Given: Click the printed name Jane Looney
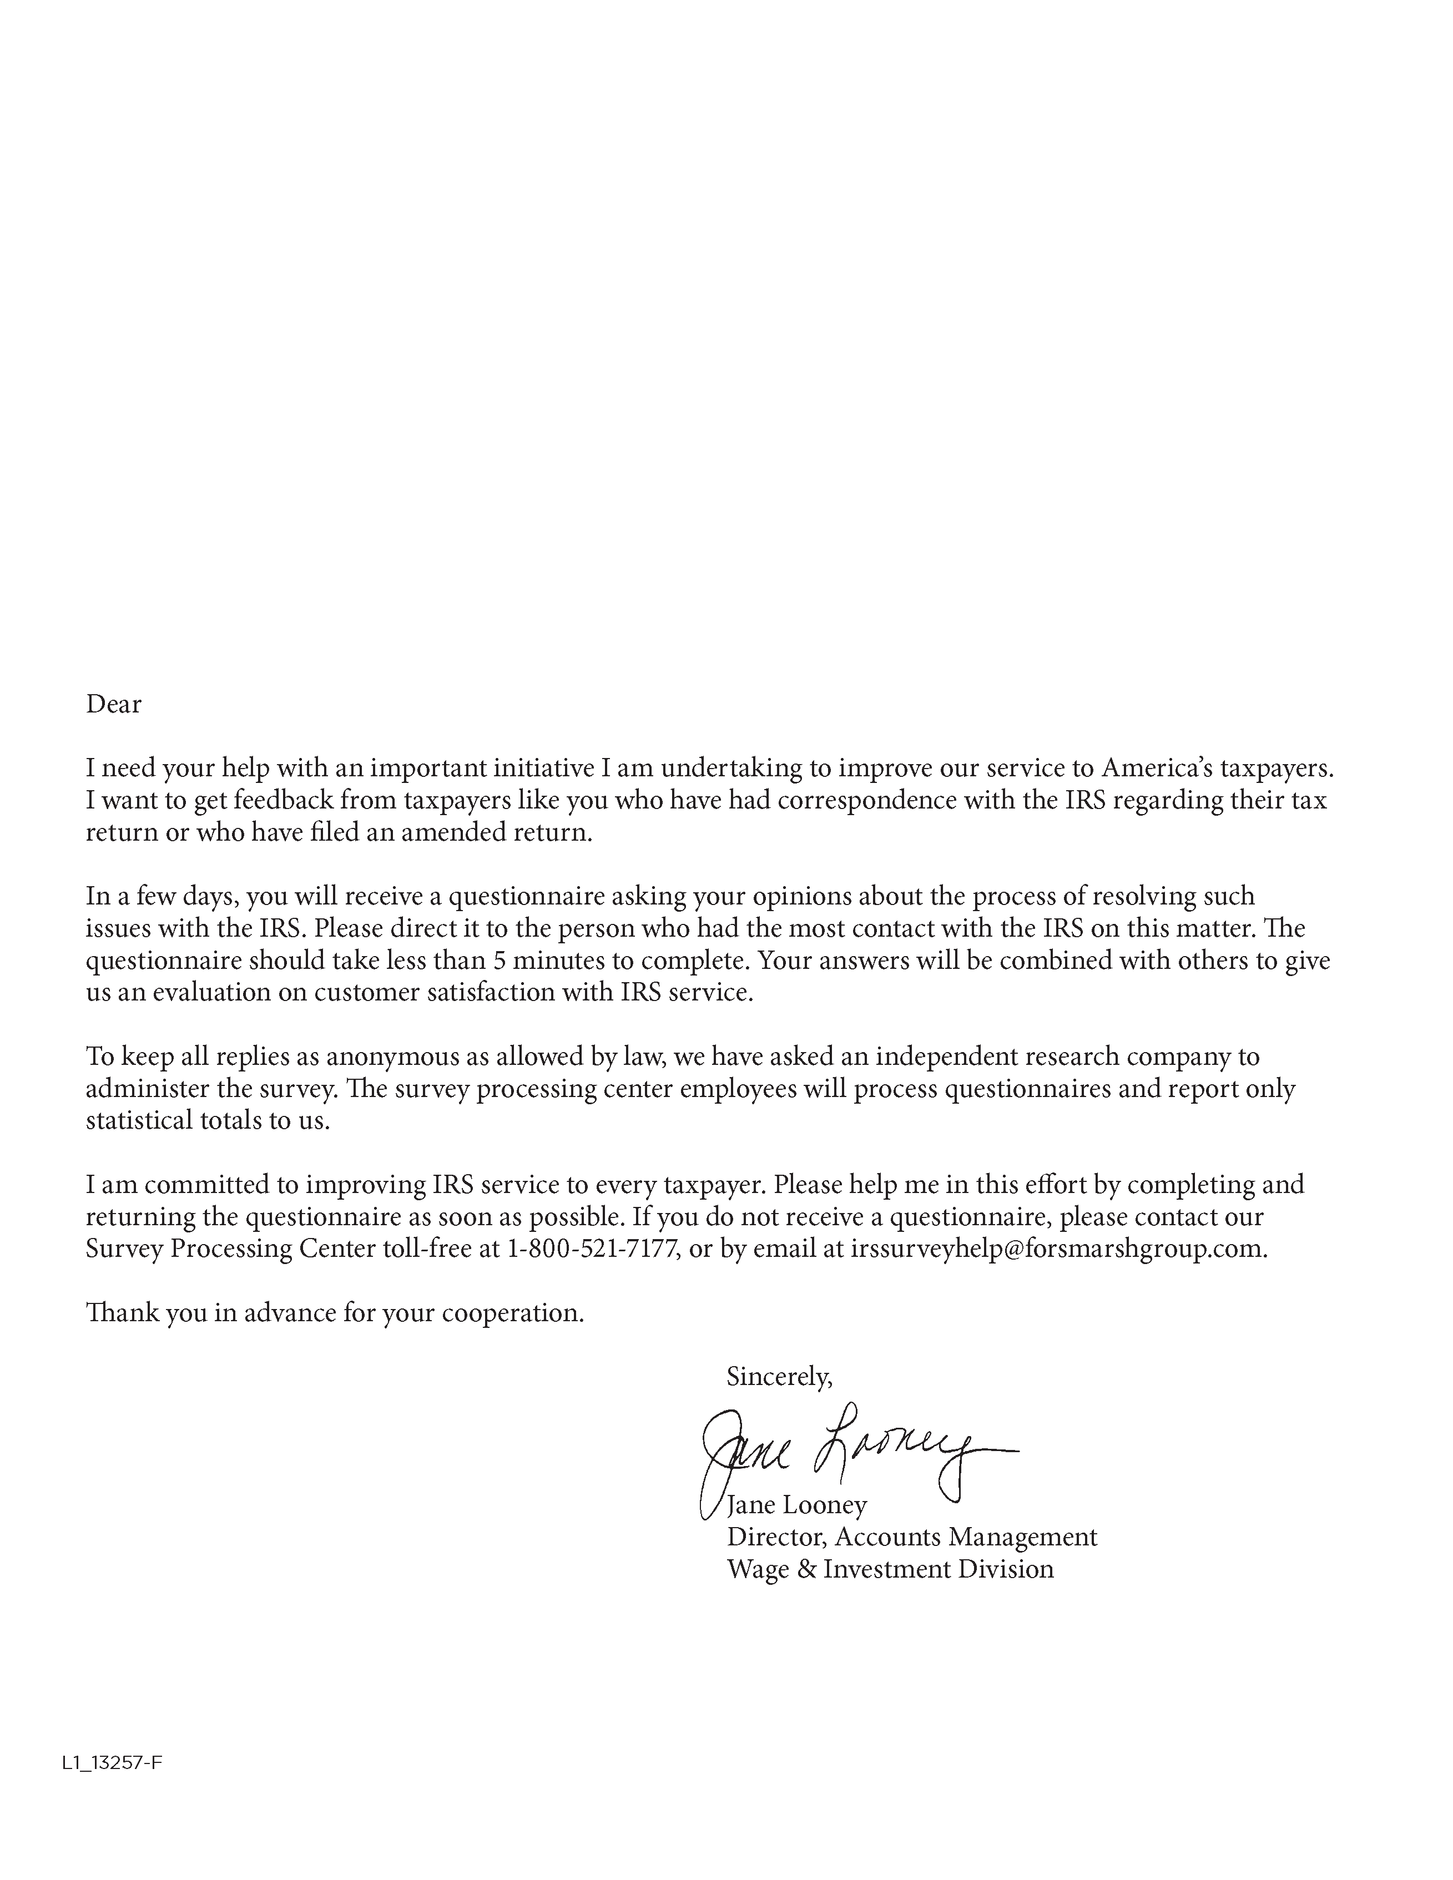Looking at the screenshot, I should [797, 1505].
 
